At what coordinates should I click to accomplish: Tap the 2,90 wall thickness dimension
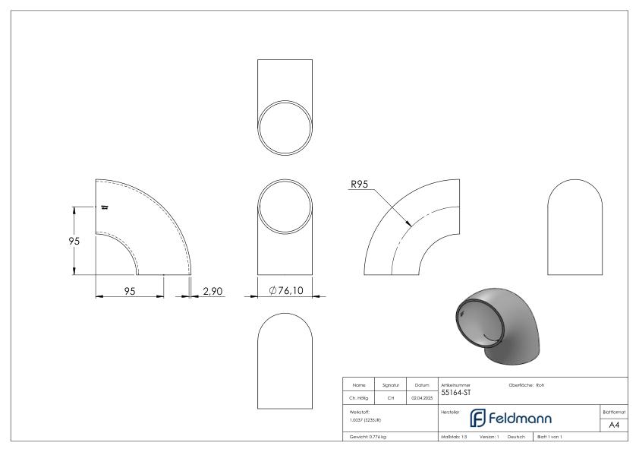click(x=212, y=289)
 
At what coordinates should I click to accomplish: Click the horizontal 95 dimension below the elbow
click(x=130, y=289)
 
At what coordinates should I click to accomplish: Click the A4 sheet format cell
click(x=615, y=425)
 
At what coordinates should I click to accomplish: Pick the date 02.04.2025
click(x=423, y=397)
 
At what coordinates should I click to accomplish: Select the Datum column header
click(x=422, y=385)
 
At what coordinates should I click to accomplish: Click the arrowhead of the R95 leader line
click(x=409, y=225)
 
